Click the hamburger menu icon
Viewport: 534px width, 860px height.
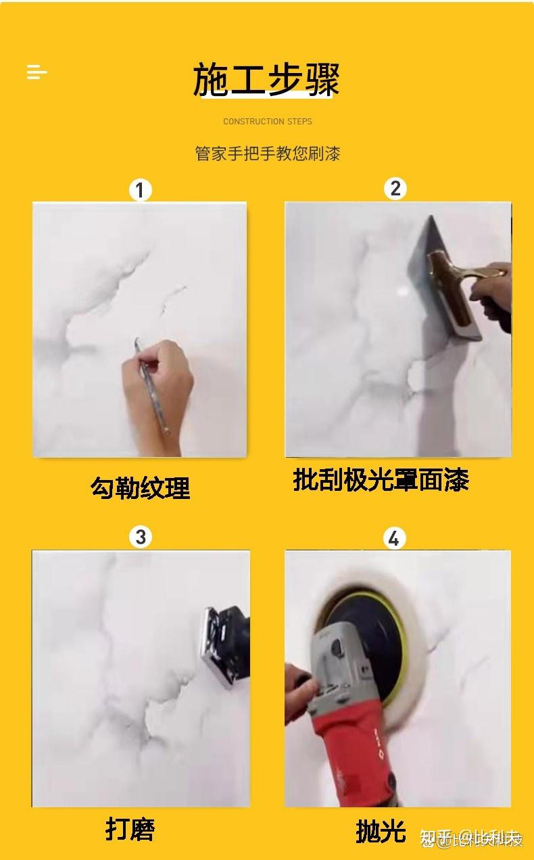(37, 72)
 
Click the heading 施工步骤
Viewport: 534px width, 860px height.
(266, 80)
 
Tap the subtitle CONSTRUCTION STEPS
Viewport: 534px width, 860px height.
(268, 122)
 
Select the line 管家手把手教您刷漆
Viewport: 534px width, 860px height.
(268, 153)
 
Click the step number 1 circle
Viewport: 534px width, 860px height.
(140, 190)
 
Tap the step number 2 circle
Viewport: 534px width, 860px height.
(395, 188)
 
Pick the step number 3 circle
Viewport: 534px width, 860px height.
(141, 537)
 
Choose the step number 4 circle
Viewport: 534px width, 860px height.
(394, 538)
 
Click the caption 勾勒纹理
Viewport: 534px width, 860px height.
(141, 487)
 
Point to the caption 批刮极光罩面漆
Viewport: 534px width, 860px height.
(381, 480)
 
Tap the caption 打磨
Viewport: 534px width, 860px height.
(130, 828)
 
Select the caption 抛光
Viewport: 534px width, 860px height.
(381, 831)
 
